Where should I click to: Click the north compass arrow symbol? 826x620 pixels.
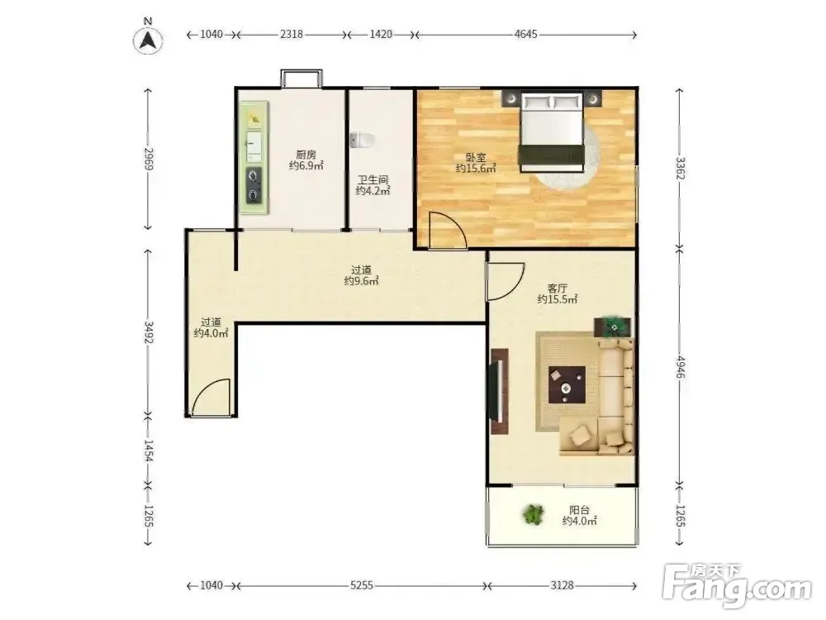pos(148,40)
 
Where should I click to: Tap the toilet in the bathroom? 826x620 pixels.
pos(362,141)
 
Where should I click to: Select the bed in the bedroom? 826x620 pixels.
pos(552,131)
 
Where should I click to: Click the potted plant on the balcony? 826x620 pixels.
pos(534,514)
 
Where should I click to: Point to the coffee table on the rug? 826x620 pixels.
pos(567,385)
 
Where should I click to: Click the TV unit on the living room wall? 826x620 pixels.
pos(500,391)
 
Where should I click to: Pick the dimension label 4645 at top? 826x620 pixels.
pos(525,34)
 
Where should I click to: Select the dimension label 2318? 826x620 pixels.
pos(292,34)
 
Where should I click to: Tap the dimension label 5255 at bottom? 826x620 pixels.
pos(362,585)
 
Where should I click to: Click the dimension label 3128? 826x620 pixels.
pos(562,585)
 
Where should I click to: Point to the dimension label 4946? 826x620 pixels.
pos(681,367)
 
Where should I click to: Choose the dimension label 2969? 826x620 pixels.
pos(148,159)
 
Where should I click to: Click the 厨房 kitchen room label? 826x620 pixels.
pos(306,155)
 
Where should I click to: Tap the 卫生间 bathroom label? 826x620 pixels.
pos(373,180)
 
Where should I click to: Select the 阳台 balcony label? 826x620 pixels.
pos(580,510)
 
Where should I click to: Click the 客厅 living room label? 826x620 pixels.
pos(558,289)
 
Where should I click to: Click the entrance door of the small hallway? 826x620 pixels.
pos(211,398)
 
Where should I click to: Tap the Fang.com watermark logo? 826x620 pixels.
pos(737,584)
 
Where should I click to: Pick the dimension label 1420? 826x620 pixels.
pos(380,34)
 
